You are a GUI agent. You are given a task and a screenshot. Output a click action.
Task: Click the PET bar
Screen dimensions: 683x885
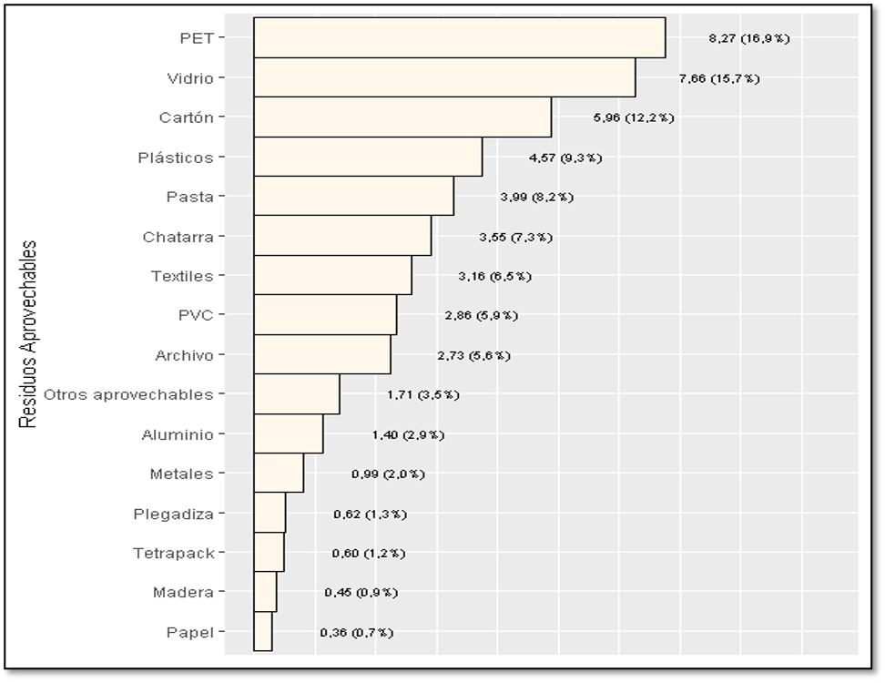point(459,38)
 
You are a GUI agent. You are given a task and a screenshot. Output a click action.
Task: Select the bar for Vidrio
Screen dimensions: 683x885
point(444,77)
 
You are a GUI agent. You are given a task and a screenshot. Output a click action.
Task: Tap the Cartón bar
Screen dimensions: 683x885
point(402,117)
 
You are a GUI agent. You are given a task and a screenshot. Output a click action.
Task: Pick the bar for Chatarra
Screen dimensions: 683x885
point(342,236)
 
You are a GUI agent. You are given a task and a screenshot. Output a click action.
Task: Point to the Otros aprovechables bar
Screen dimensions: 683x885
point(297,394)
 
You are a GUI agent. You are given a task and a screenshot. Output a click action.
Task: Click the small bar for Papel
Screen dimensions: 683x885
point(263,631)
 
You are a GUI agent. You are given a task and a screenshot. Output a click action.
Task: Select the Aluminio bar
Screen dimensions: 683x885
point(289,434)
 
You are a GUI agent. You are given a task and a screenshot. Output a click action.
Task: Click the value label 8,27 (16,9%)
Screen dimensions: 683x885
point(748,39)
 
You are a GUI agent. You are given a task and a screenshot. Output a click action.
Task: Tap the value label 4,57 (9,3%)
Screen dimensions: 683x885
point(565,158)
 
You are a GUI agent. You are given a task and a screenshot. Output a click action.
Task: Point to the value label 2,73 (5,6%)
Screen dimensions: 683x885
point(473,355)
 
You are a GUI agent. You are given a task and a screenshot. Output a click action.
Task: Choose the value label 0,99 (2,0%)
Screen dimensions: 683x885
point(388,474)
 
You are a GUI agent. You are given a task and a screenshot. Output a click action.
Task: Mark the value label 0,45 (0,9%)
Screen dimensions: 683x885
point(361,593)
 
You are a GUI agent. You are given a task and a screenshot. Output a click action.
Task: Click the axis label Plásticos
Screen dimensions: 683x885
point(176,158)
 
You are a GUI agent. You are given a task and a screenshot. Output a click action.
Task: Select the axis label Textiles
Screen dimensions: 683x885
point(182,276)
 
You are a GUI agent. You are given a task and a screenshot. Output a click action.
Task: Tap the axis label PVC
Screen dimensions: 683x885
point(196,316)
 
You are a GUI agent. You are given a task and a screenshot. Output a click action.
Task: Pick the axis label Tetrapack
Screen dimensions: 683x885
point(173,553)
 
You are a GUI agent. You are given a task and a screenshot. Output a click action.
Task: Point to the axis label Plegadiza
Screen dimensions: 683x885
point(173,514)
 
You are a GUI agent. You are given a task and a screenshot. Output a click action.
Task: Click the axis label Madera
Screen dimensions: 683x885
point(183,593)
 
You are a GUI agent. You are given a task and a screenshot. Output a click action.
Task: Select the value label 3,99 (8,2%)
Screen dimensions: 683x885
point(536,197)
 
